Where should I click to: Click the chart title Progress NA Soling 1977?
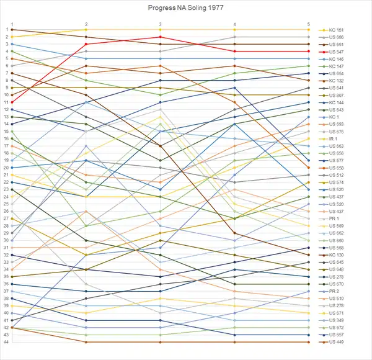(185, 9)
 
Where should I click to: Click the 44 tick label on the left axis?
(5, 342)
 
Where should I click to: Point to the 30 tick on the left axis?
(5, 240)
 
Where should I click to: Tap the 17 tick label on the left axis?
(5, 146)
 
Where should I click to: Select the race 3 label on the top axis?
(161, 24)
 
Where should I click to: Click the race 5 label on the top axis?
(309, 24)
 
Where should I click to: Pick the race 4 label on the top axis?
(234, 24)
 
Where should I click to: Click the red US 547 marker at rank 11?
(12, 102)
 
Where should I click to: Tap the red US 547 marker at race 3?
(161, 37)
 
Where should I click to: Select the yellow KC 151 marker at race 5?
(309, 30)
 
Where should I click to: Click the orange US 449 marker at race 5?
(309, 342)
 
